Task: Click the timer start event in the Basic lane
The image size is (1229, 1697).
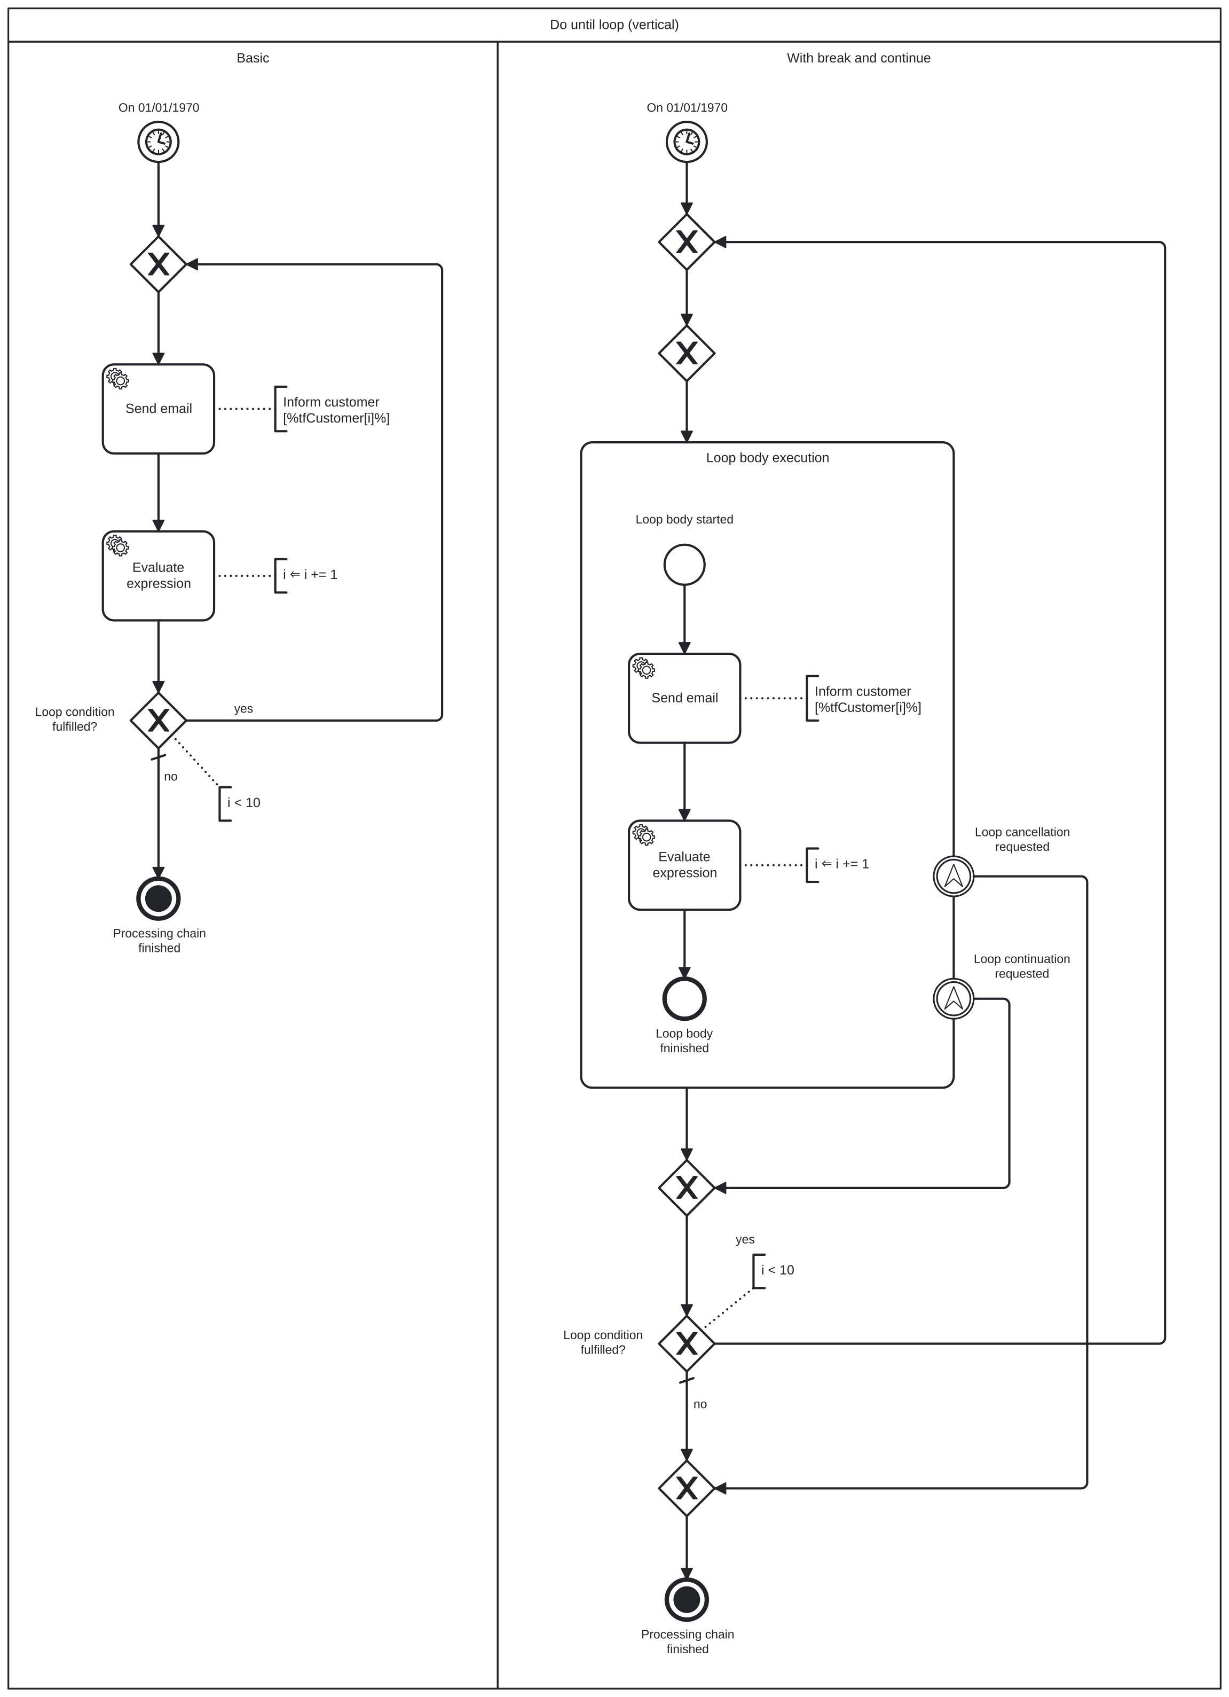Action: [x=158, y=142]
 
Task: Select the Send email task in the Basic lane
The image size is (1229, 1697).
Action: [x=158, y=409]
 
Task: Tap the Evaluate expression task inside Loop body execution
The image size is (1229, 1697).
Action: [x=684, y=865]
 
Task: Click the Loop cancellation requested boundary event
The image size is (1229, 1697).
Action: [x=953, y=876]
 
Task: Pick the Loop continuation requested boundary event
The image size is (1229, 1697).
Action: [x=953, y=998]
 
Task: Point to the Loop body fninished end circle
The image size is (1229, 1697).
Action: [x=684, y=998]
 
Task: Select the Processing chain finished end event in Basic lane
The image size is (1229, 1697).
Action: [x=158, y=898]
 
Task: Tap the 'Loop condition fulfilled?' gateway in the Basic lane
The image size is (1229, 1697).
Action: [x=158, y=720]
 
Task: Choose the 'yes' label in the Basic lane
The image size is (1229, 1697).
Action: [x=243, y=709]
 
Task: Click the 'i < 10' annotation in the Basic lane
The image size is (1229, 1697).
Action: [x=244, y=803]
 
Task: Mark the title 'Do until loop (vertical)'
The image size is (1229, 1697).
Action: [x=614, y=25]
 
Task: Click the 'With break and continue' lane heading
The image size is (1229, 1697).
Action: [x=858, y=58]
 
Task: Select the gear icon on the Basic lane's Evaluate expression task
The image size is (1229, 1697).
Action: [x=117, y=545]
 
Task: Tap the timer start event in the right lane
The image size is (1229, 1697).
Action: [x=686, y=142]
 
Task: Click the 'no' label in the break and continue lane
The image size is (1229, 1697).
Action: [x=699, y=1404]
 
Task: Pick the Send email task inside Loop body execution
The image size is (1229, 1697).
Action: [x=684, y=698]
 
